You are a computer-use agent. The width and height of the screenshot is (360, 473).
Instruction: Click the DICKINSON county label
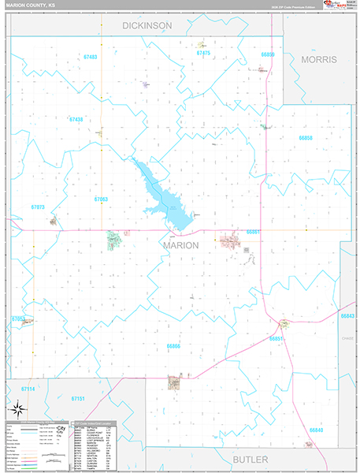click(x=147, y=26)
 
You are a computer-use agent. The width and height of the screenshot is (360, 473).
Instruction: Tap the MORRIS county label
click(x=318, y=60)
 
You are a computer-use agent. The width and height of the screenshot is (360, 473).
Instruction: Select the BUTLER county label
click(x=250, y=459)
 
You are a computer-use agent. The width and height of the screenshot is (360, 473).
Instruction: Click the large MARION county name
click(x=180, y=245)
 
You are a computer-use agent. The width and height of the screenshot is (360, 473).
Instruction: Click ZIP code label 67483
click(x=90, y=58)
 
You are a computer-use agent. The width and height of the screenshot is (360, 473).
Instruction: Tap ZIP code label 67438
click(x=76, y=119)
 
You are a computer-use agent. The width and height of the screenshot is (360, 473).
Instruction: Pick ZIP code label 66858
click(x=306, y=138)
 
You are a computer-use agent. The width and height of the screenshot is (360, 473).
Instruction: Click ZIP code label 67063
click(x=101, y=199)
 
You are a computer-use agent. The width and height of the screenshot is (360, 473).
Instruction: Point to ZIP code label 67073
click(x=38, y=207)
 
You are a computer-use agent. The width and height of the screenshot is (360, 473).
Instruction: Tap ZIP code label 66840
click(x=316, y=430)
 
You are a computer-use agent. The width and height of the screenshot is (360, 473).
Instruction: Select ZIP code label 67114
click(x=28, y=389)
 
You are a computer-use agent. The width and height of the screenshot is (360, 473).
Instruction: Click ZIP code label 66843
click(x=347, y=315)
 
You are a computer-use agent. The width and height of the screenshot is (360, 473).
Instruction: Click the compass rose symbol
click(x=17, y=408)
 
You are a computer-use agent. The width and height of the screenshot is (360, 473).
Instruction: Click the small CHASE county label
click(x=347, y=337)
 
